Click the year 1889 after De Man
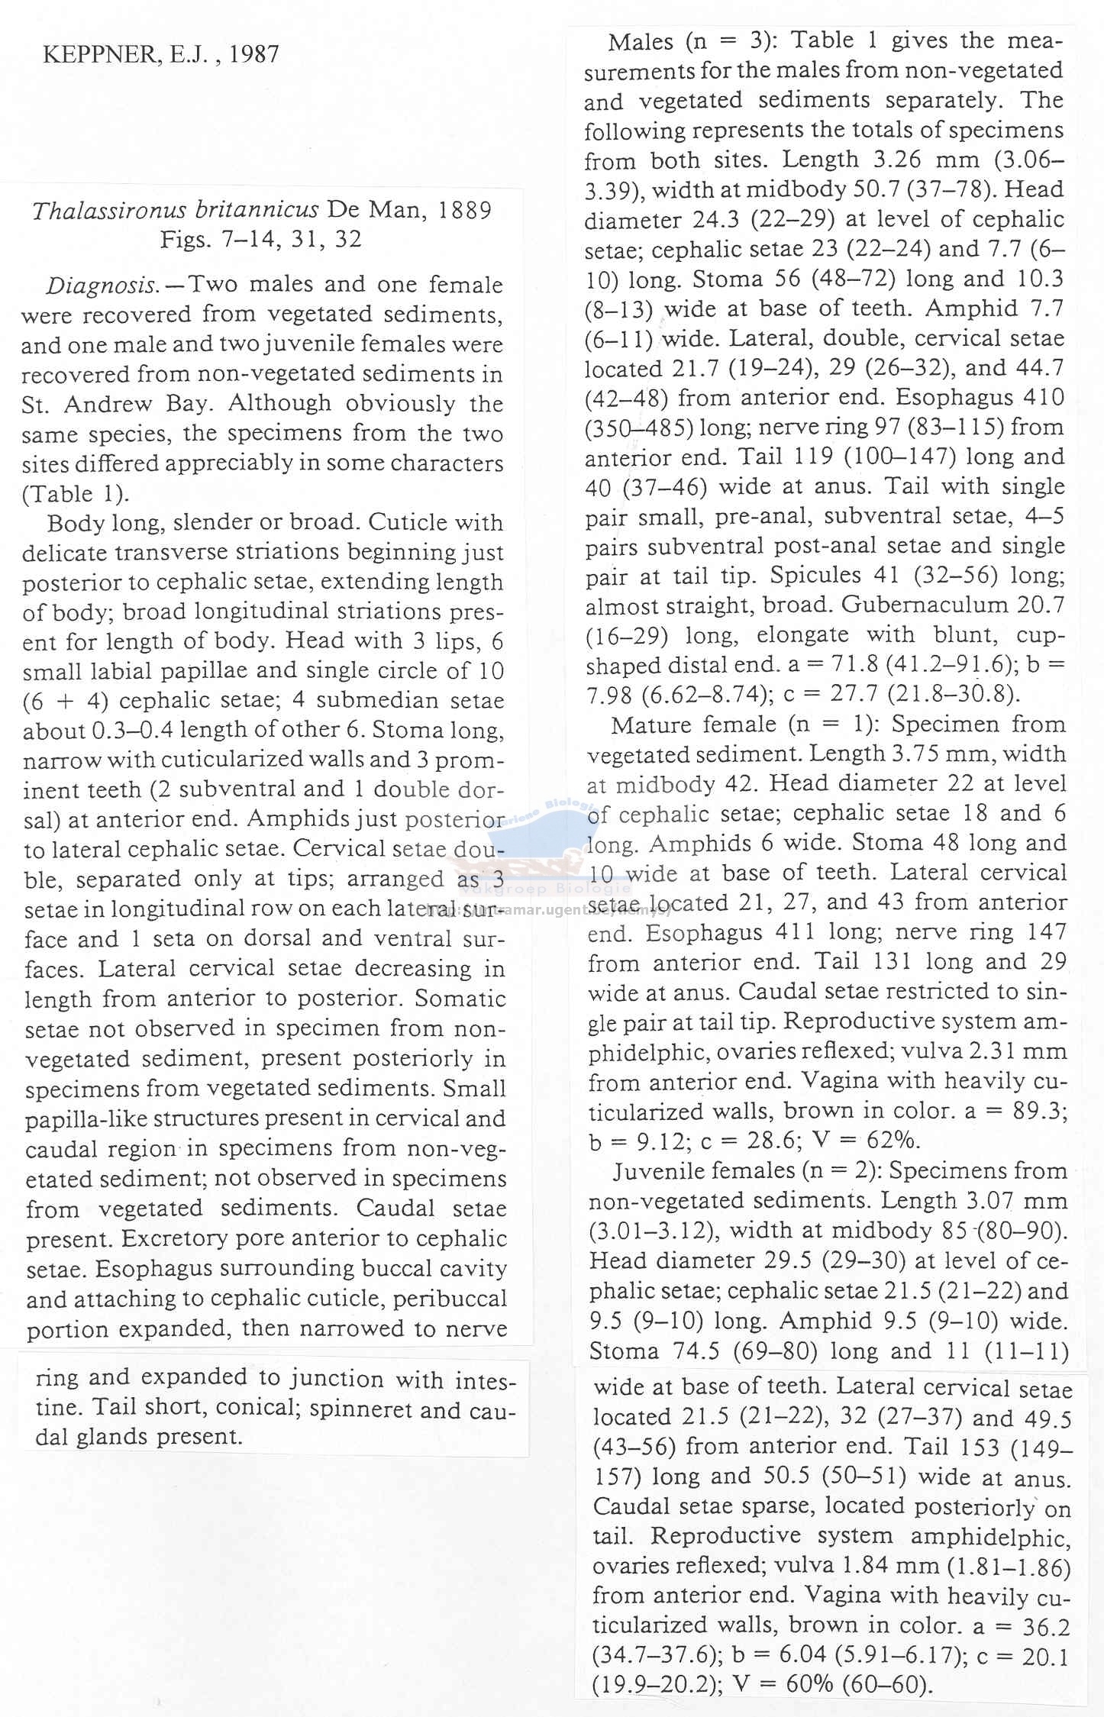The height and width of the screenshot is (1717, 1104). (465, 210)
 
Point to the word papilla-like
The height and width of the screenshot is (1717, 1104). (86, 1118)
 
